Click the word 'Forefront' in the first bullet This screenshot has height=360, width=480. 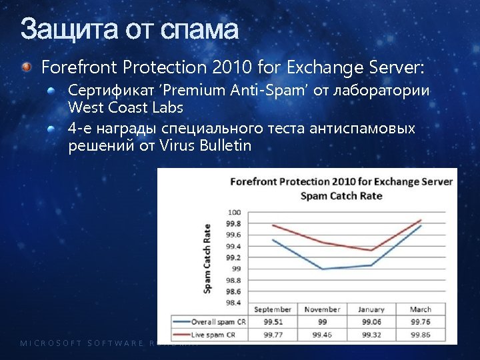(71, 67)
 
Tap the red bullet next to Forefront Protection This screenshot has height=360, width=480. (26, 67)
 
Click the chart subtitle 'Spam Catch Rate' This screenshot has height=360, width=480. (341, 196)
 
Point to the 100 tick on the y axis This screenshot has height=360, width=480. (234, 212)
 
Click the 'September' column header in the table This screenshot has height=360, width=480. (273, 309)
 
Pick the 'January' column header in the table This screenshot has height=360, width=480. (371, 309)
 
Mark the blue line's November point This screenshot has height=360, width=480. (323, 269)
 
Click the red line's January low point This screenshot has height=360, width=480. (371, 250)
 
